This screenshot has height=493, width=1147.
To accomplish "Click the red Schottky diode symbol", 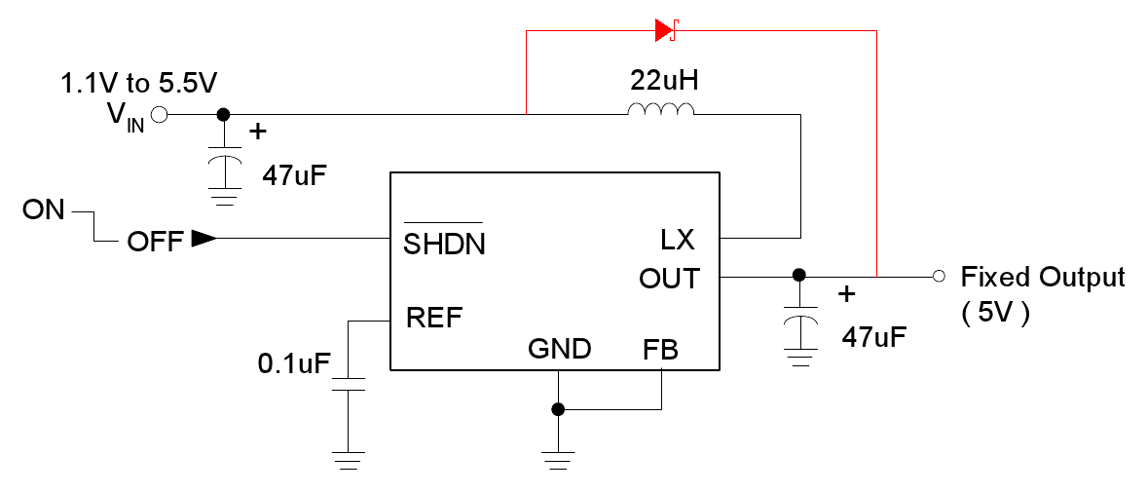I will coord(666,31).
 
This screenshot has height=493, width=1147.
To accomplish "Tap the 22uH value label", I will coord(661,80).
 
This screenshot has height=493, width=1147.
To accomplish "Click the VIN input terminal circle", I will coord(160,115).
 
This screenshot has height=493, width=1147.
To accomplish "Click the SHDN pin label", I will coord(444,243).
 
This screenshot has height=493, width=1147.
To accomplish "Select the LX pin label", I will coord(677,240).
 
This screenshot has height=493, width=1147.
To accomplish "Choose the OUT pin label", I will coord(669,279).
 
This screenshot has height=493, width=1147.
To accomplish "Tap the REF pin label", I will coord(434,318).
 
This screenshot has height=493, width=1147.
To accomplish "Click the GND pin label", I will coord(559,349).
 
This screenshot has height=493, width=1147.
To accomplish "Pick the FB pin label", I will coord(662,349).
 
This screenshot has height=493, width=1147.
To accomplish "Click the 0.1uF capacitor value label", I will coord(292,364).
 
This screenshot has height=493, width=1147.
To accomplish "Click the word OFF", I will coord(155,242).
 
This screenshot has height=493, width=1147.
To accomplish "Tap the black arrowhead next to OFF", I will coord(203,239).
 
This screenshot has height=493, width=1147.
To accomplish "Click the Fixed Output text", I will coord(1043,278).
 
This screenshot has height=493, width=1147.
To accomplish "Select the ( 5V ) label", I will coord(995,315).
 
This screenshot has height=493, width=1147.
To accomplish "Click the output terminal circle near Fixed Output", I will coord(939,277).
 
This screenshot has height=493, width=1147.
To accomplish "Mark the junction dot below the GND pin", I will coord(558,410).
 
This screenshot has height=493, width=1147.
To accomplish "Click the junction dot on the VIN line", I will coord(223,115).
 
